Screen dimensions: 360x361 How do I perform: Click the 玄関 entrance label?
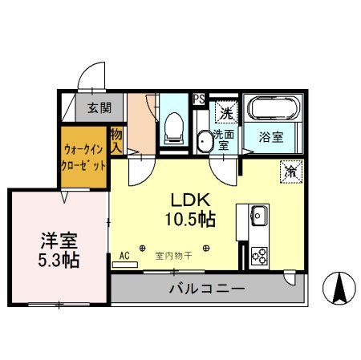[99, 107]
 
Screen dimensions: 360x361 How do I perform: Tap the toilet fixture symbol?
[173, 127]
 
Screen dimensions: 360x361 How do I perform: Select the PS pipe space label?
[199, 99]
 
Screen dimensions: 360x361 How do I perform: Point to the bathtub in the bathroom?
[273, 109]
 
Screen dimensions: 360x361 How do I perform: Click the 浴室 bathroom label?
[272, 137]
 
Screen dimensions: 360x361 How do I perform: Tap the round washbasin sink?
[204, 142]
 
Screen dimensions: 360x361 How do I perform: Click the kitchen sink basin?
[258, 215]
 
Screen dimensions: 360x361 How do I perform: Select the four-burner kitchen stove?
[258, 256]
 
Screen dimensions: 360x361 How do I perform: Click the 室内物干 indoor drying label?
[173, 257]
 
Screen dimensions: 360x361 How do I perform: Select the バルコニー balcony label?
[206, 289]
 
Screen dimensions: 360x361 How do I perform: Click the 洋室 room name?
[57, 239]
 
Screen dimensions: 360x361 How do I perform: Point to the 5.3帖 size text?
[59, 260]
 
